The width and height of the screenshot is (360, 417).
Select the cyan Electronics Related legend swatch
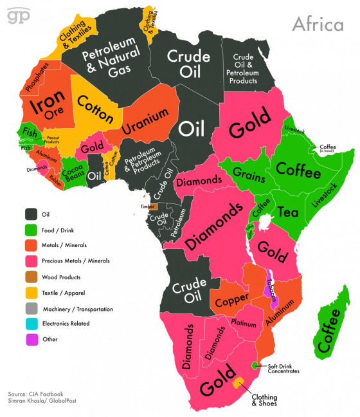coord(30,324)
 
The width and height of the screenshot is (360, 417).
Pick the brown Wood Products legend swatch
coord(30,277)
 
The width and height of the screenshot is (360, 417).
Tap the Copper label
coord(228,301)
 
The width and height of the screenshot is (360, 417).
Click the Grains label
coord(246,172)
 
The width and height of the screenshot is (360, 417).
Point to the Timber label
coord(147,206)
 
